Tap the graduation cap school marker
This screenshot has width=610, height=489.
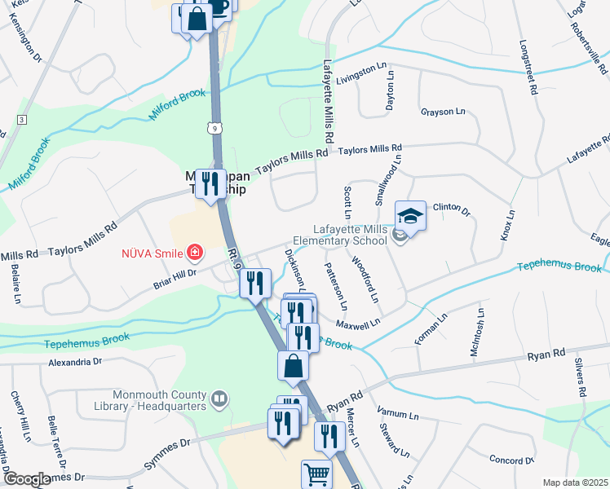[410, 216]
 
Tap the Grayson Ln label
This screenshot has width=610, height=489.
[442, 112]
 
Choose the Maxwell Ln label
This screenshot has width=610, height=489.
[359, 324]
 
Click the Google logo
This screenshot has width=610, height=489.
[28, 479]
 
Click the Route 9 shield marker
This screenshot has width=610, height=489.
[213, 128]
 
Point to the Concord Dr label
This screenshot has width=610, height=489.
[511, 460]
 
